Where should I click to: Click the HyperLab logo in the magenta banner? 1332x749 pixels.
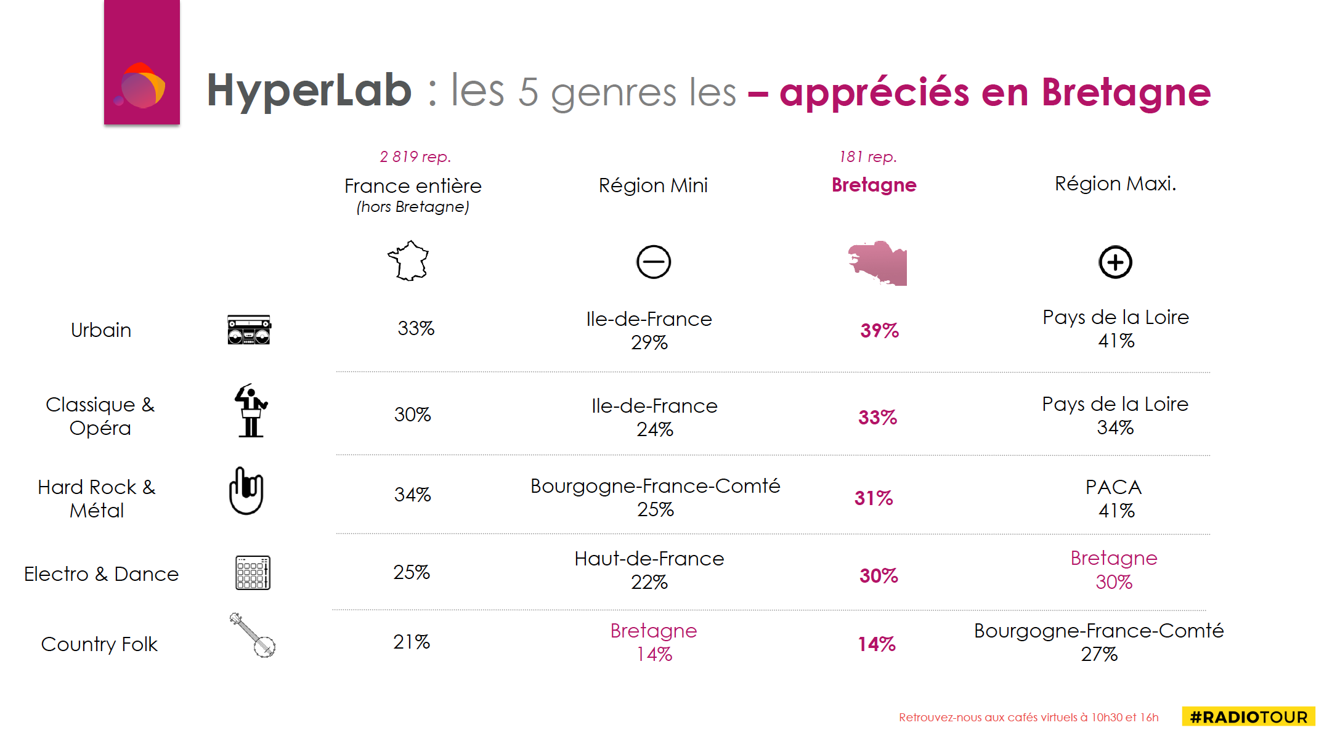(x=141, y=86)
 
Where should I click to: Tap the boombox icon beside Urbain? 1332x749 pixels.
(x=249, y=330)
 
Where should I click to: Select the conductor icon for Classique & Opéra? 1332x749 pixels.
(x=251, y=411)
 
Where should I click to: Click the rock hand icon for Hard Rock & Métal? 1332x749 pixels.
(x=246, y=492)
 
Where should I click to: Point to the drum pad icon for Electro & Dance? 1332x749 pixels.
(x=253, y=573)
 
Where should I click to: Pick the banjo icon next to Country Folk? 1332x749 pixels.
(x=253, y=635)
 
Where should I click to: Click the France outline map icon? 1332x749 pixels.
(x=408, y=261)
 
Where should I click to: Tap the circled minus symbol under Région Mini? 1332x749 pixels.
(x=653, y=262)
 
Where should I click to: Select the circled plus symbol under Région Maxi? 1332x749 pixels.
(x=1115, y=262)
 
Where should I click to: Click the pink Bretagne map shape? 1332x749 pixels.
(x=878, y=264)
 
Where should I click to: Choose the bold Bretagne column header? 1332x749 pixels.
(x=874, y=185)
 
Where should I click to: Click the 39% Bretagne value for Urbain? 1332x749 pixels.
(x=879, y=331)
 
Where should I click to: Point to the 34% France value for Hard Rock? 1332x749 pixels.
(x=412, y=495)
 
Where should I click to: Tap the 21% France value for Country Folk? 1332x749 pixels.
(x=412, y=642)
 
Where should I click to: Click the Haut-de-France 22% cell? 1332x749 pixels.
(x=649, y=570)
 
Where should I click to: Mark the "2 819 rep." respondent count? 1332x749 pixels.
(x=415, y=157)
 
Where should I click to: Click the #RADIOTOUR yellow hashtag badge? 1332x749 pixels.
(x=1248, y=717)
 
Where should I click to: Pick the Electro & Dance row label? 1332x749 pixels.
(x=101, y=574)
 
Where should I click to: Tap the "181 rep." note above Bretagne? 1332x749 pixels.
(x=867, y=157)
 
